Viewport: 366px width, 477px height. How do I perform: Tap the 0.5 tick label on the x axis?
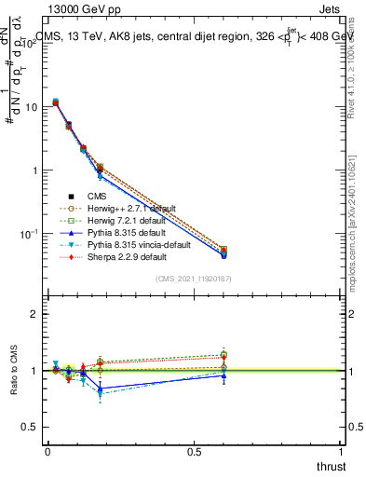point(194,452)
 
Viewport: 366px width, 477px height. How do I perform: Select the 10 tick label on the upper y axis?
point(30,107)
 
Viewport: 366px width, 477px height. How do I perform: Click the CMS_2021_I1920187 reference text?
point(193,278)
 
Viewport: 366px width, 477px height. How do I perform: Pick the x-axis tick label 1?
point(341,452)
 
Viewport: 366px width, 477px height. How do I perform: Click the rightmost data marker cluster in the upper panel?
point(224,252)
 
